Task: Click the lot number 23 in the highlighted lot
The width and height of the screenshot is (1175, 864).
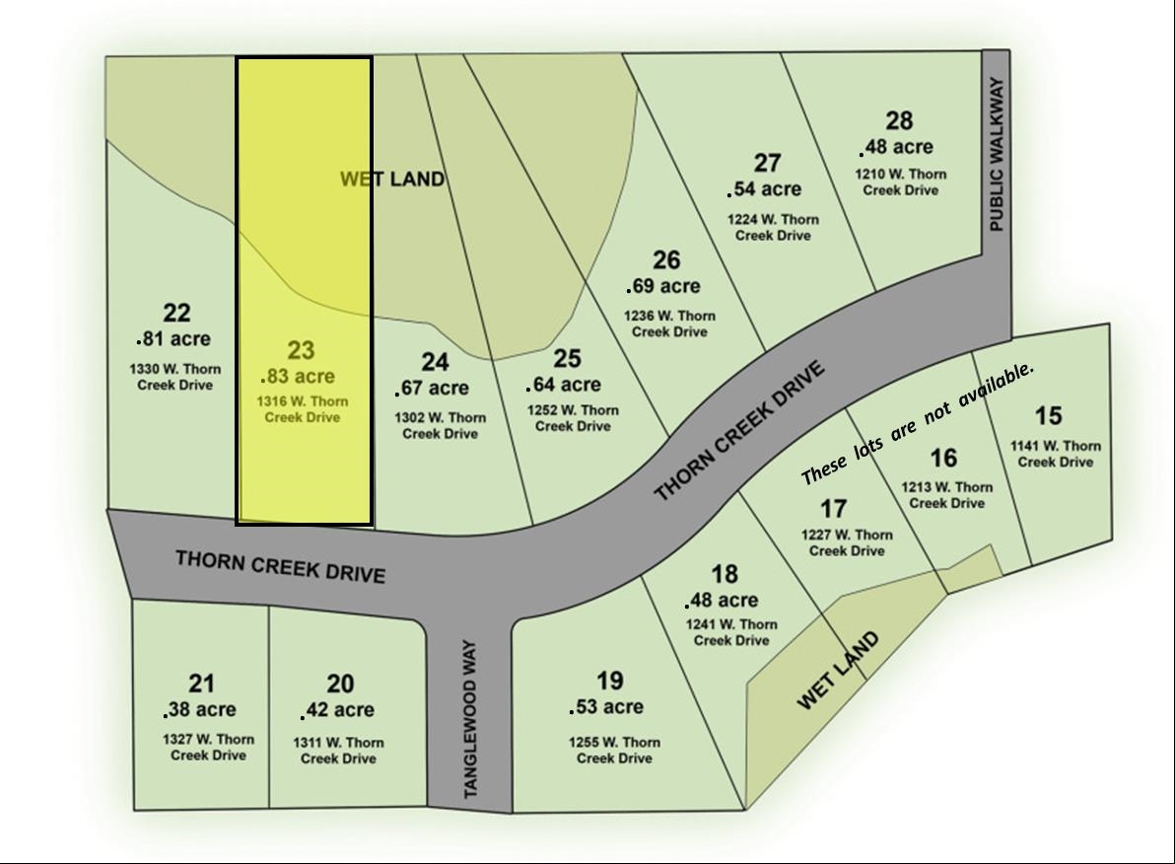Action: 301,350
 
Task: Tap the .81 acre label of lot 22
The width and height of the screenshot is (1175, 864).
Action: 173,338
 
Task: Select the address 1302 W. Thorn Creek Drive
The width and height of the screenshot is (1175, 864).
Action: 440,425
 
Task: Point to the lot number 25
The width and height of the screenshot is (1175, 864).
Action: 567,358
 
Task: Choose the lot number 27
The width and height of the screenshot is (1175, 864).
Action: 767,163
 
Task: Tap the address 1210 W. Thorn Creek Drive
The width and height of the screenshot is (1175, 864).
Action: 900,181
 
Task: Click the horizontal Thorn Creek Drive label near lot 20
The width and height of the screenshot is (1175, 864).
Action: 280,566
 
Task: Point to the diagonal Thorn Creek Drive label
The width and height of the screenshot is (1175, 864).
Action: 738,432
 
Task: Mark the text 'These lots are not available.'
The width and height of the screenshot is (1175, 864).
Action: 918,422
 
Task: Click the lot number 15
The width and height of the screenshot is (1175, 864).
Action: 1048,415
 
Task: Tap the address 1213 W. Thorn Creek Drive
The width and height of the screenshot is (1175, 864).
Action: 946,494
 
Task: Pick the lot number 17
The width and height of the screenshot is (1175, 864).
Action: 833,508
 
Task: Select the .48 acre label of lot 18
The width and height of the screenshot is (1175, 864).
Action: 722,600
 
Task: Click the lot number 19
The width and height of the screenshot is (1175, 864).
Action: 610,680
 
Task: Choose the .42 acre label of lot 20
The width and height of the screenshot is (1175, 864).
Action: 337,710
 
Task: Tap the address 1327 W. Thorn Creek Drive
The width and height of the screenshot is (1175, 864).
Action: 208,747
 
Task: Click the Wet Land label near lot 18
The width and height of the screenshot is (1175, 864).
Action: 837,672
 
